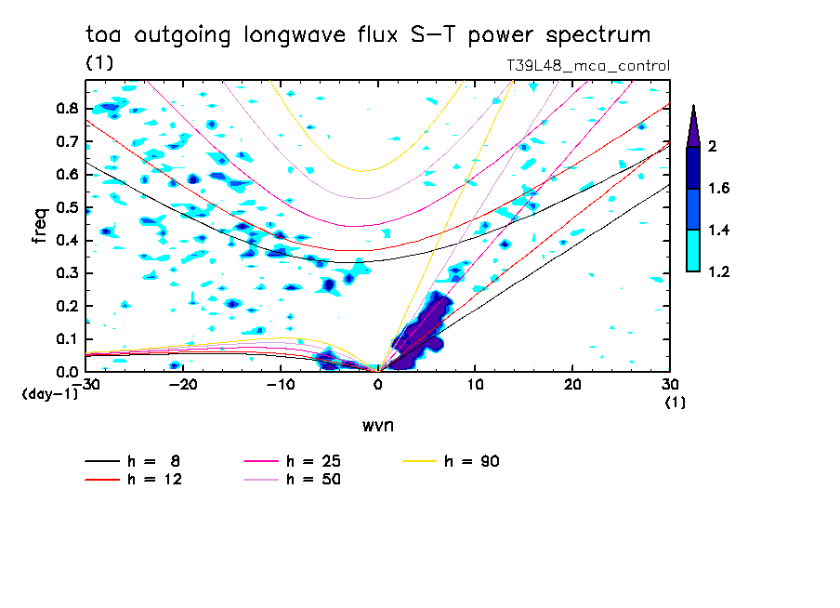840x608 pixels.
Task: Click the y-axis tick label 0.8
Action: pos(66,108)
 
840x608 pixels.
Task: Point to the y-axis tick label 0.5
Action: pos(66,207)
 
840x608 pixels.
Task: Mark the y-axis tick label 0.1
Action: pos(66,339)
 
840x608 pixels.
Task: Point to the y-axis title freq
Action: pos(40,226)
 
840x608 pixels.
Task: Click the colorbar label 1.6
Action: pos(719,188)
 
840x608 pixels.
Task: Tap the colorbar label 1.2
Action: pos(719,271)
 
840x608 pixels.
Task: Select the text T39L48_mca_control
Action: pos(587,66)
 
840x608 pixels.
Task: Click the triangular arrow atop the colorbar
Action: pos(693,126)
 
